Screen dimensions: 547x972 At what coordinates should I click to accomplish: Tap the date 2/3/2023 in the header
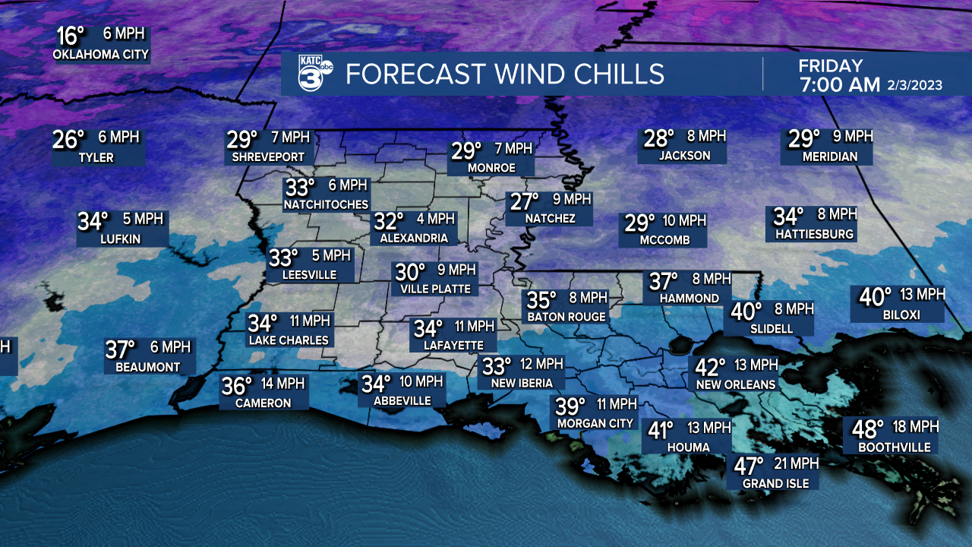(x=915, y=85)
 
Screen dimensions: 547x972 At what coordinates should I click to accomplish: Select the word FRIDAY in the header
(x=830, y=66)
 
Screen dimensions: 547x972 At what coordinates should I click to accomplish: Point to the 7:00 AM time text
(x=839, y=85)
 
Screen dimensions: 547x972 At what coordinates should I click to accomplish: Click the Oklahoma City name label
(x=101, y=55)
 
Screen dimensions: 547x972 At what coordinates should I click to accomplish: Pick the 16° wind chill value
(x=71, y=36)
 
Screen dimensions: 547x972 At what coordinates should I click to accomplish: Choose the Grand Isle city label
(x=775, y=483)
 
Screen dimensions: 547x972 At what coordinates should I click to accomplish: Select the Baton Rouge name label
(x=566, y=317)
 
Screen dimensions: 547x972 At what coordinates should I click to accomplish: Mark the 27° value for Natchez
(x=525, y=201)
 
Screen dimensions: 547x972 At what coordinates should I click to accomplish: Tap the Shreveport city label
(x=269, y=157)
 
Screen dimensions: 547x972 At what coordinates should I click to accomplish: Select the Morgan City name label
(x=595, y=423)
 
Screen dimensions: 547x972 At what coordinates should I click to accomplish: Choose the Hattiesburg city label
(x=814, y=235)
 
